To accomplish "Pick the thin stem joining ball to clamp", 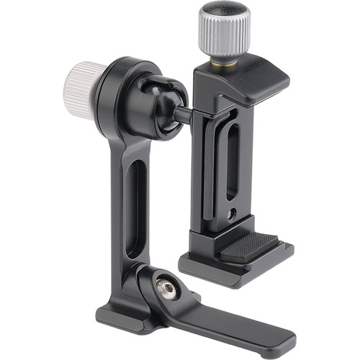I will pos(184,114).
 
